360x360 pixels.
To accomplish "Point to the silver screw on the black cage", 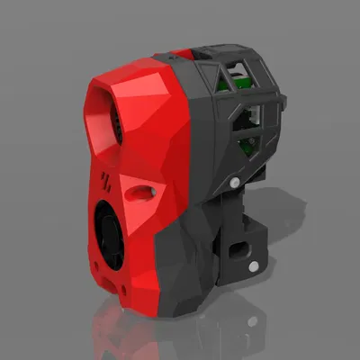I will coord(236,183).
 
